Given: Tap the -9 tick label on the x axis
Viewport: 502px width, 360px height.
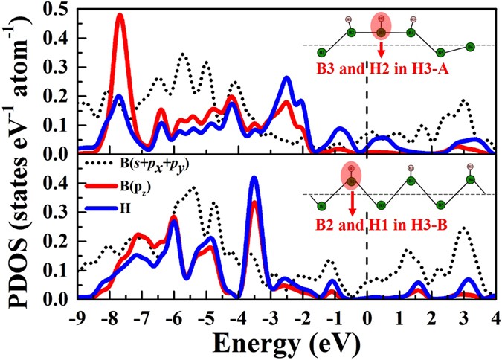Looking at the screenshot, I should [x=77, y=314].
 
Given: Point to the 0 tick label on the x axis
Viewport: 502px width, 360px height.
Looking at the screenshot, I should [x=367, y=314].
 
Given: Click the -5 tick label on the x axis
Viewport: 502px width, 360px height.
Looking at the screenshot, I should [x=205, y=314].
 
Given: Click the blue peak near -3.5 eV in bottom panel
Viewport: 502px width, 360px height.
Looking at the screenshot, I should [x=254, y=179].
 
